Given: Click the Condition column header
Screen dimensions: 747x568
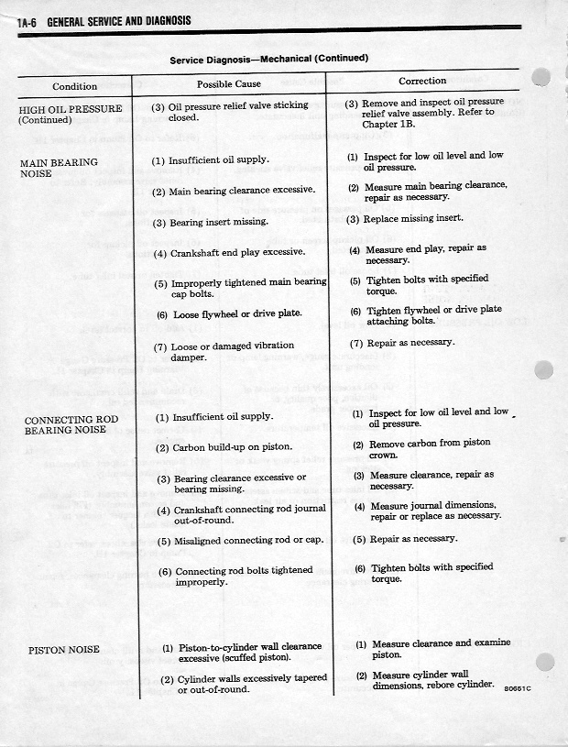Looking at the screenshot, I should click(x=74, y=86).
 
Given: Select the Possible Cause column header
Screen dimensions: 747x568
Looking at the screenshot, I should click(x=229, y=84).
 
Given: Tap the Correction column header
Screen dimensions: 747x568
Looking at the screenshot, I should click(x=422, y=81).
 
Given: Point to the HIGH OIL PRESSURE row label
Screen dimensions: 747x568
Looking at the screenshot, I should click(x=70, y=115).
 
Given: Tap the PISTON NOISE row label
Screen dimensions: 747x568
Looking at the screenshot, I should click(x=63, y=650).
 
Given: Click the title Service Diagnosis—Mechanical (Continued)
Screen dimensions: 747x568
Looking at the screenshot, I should click(x=268, y=60).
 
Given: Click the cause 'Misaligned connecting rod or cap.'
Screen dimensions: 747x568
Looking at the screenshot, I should click(x=240, y=541).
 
